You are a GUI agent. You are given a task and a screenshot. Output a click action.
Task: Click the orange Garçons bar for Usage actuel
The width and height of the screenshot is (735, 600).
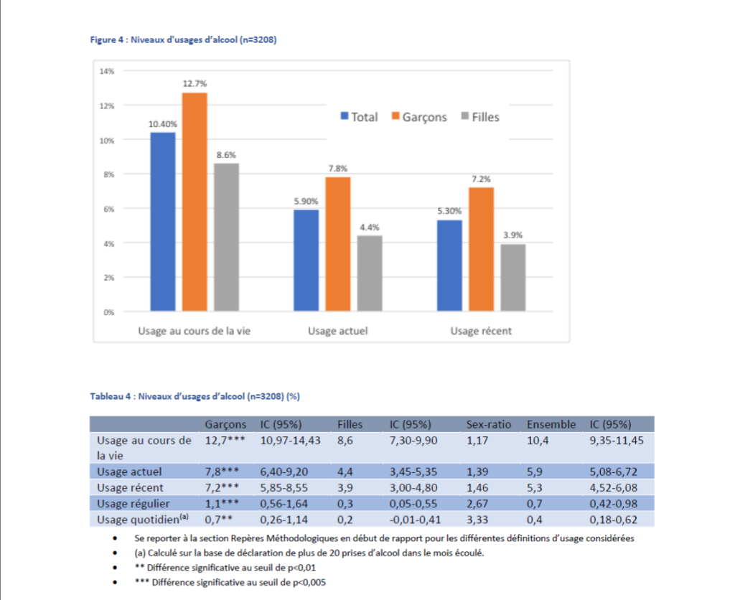coord(338,244)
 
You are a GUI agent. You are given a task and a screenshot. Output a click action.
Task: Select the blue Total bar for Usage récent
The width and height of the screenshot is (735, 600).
coord(449,266)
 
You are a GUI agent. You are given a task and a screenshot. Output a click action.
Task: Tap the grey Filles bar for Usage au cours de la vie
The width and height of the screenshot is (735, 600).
coord(226,237)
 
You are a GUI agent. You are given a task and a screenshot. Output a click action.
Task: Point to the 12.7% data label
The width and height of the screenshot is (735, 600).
coord(195,83)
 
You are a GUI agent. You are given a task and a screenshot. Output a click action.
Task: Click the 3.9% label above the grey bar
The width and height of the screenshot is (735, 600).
coord(512,235)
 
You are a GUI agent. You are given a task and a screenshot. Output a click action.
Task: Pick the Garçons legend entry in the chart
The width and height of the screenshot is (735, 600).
coord(419,117)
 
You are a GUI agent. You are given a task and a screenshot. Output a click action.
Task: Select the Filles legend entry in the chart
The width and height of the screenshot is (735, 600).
coord(480,117)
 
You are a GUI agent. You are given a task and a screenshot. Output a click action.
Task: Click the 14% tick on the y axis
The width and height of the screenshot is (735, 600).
coord(107,71)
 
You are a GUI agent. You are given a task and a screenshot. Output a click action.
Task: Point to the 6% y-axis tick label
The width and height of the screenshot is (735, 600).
coord(109,209)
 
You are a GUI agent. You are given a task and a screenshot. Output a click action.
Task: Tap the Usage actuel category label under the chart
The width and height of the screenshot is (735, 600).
coord(338,331)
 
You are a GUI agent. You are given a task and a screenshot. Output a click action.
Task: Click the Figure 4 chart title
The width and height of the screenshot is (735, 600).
coord(183,40)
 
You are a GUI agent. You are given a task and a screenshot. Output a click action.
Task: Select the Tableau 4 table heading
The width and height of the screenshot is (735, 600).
coord(195,397)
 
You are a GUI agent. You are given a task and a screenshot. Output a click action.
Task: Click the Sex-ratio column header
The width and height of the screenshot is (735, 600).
coord(488,424)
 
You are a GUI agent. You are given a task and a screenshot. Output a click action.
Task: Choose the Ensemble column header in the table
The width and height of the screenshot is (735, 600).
coord(551,424)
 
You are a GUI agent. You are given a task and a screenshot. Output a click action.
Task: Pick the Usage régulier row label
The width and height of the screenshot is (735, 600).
coord(133,504)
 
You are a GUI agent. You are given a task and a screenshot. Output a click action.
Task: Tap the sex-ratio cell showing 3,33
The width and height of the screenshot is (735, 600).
coord(477,520)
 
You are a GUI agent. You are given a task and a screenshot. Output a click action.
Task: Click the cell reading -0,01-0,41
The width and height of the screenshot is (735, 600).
coord(416,520)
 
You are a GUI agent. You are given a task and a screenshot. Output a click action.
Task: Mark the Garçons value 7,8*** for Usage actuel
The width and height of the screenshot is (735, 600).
coord(222,472)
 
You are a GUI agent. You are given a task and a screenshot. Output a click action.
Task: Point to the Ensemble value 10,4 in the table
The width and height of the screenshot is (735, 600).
coord(538,441)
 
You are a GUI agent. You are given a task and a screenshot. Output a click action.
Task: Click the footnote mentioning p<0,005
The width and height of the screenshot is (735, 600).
coord(230,583)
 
